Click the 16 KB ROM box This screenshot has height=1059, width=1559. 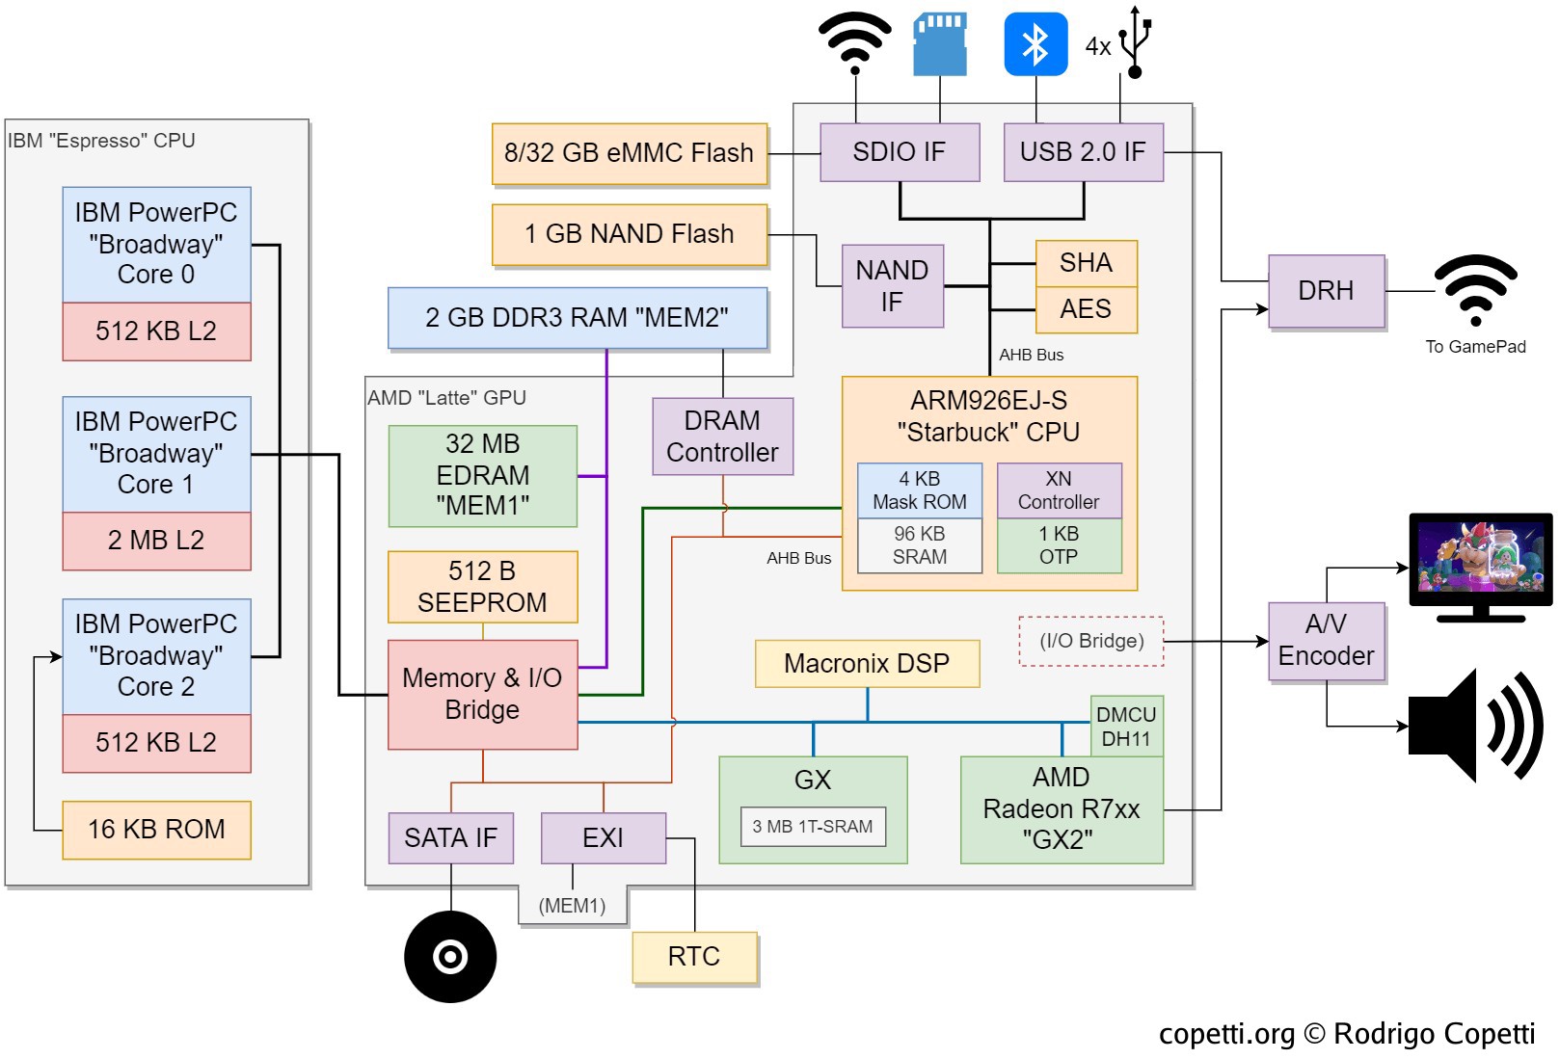(156, 830)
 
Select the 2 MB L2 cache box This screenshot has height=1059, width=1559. (156, 541)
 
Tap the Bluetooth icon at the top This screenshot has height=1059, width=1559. (1035, 44)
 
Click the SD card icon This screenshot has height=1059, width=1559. (940, 44)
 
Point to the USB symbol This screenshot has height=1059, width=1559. (1136, 42)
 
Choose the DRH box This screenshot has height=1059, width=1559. (1326, 291)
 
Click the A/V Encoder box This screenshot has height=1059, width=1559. (1326, 641)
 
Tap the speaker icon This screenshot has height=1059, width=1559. (1474, 726)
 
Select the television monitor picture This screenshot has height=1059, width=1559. (1480, 564)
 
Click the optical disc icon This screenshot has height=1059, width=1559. (450, 957)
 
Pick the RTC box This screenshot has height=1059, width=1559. (694, 957)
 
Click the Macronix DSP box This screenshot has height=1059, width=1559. (867, 664)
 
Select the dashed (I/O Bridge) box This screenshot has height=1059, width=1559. (1091, 642)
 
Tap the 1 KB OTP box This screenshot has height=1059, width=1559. (1059, 545)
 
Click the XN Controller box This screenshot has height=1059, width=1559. (1059, 490)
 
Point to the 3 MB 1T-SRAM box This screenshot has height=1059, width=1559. (813, 827)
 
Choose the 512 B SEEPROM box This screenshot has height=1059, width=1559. (482, 587)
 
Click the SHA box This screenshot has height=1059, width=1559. (1086, 263)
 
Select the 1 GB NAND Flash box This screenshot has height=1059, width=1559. (630, 234)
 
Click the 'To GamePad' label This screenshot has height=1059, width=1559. (1475, 347)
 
